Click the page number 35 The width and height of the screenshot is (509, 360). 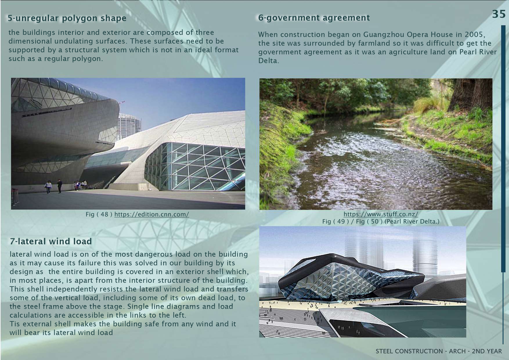[499, 14]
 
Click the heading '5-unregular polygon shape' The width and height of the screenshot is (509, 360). [67, 18]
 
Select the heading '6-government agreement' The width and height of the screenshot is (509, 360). [314, 18]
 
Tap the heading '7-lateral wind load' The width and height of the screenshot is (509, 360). [51, 241]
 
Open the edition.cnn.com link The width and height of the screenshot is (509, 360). [152, 215]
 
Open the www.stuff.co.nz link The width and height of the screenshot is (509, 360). [381, 214]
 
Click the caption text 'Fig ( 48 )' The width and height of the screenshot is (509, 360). [99, 215]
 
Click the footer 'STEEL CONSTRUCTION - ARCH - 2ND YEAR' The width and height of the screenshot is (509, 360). [439, 351]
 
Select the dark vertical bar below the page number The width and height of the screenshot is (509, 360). [503, 149]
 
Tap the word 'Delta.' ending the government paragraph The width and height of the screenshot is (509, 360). [269, 61]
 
